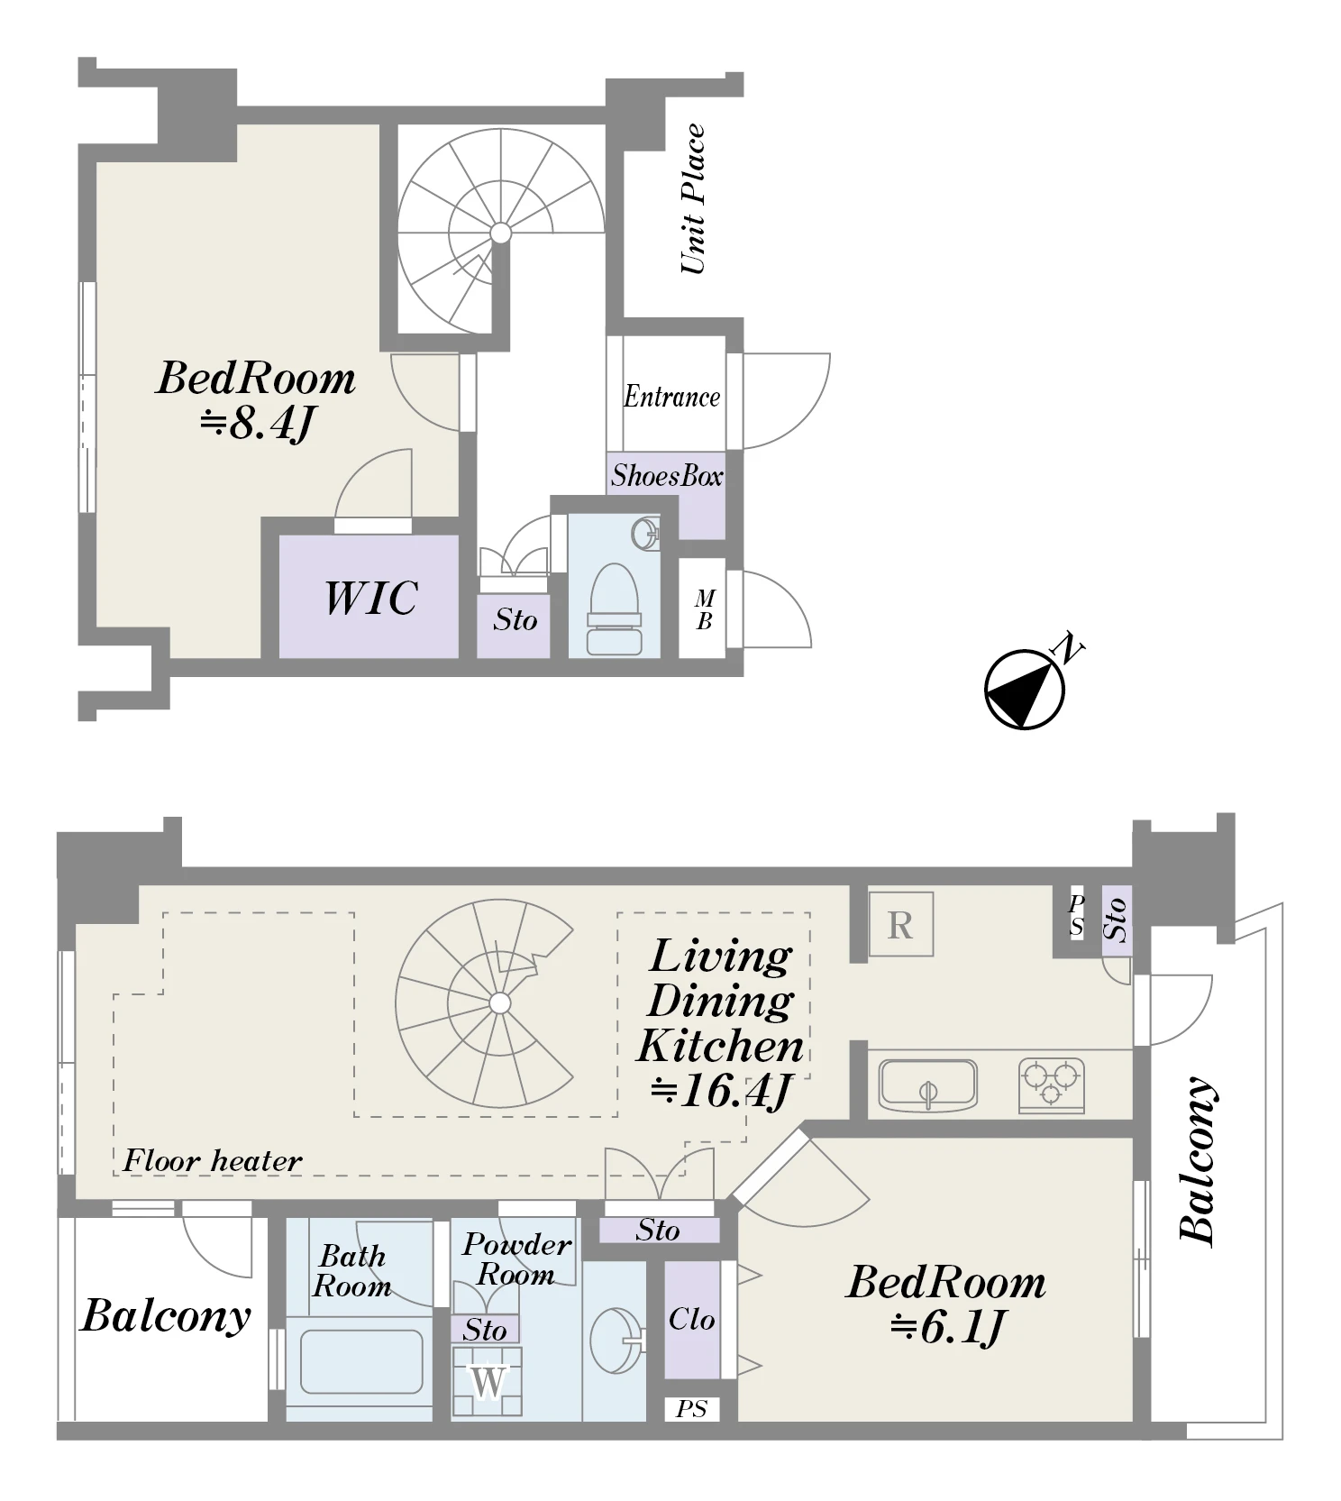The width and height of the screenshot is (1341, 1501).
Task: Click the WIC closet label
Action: point(370,598)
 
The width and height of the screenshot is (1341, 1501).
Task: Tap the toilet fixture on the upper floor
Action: point(615,609)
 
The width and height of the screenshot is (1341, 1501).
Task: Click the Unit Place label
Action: point(692,199)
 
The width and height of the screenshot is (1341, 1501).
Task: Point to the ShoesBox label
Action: point(667,476)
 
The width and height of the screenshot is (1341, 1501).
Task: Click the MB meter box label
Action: point(705,609)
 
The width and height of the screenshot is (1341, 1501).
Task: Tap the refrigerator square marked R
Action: point(900,925)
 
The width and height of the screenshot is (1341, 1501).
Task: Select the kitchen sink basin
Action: point(928,1083)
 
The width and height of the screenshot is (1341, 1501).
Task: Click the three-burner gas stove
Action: point(1052,1085)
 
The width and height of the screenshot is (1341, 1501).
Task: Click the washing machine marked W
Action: point(488,1380)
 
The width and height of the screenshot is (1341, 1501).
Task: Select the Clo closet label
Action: point(691,1320)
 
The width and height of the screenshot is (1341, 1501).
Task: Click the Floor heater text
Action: point(212,1160)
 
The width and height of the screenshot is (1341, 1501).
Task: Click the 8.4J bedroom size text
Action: point(258,423)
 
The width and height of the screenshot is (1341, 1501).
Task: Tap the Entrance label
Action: point(672,397)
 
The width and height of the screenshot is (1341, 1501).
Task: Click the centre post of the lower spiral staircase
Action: point(499,1003)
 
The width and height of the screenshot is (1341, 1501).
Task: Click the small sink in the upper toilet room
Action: point(644,534)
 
